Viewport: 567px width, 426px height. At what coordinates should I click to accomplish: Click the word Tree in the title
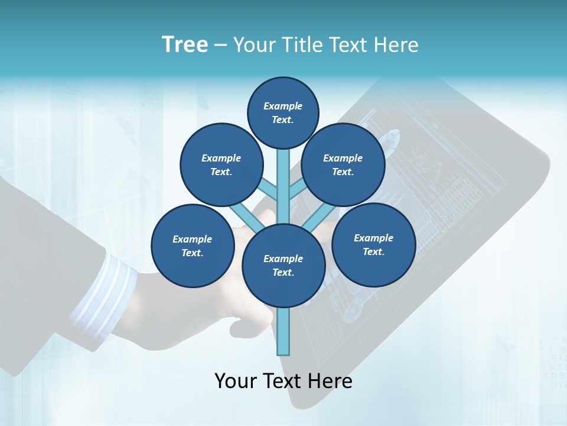pos(185,45)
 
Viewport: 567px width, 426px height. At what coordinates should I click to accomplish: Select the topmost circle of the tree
pos(283,112)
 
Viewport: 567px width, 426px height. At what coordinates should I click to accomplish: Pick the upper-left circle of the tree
pos(221,165)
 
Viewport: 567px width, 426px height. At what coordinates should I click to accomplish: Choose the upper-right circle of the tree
pos(343,165)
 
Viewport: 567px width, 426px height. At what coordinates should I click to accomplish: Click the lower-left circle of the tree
pos(192,246)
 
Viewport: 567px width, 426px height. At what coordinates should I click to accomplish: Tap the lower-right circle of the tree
pos(373,244)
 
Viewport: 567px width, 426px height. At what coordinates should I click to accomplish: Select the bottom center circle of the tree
pos(283,265)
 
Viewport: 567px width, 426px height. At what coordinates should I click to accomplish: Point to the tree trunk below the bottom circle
pos(283,331)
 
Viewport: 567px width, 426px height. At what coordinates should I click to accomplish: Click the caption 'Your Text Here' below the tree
pos(283,381)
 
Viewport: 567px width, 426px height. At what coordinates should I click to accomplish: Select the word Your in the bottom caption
pos(236,381)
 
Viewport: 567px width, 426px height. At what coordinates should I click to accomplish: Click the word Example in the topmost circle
pos(283,106)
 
